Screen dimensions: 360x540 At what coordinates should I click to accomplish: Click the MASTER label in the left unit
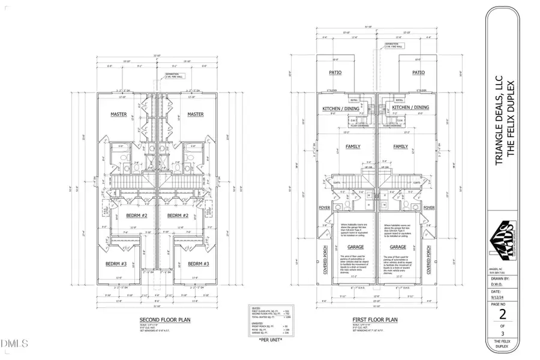pyautogui.click(x=119, y=114)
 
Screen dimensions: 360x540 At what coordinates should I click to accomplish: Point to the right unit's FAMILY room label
pyautogui.click(x=400, y=146)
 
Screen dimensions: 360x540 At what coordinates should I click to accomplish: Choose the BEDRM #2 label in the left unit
pyautogui.click(x=136, y=215)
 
